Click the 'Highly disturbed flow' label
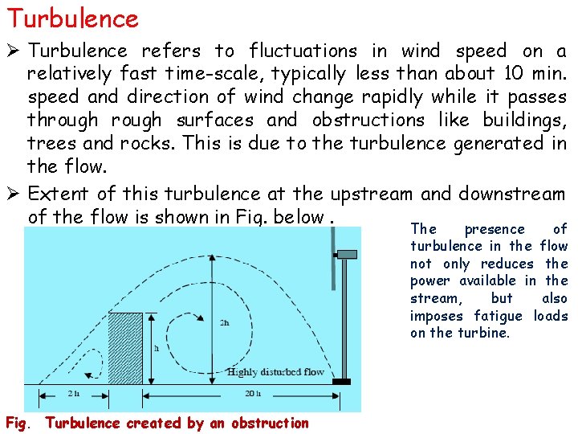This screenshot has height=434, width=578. click(x=275, y=372)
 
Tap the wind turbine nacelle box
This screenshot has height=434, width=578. click(x=347, y=255)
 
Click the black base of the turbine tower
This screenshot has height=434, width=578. click(x=341, y=382)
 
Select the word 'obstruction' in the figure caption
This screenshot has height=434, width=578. click(x=271, y=423)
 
